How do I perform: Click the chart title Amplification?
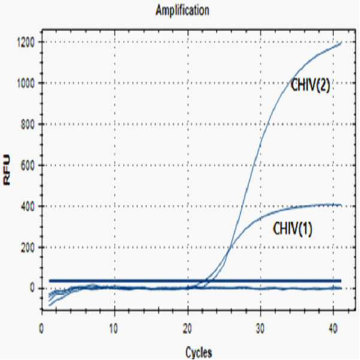(183, 11)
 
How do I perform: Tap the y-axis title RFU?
(7, 170)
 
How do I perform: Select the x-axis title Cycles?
(199, 352)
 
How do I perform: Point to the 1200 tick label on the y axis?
(26, 43)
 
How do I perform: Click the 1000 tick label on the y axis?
(26, 83)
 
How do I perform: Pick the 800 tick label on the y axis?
(28, 124)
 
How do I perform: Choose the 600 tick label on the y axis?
(28, 165)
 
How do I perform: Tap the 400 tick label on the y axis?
(28, 206)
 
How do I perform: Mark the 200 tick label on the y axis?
(28, 247)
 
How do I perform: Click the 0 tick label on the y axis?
(32, 288)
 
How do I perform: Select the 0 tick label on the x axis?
(41, 329)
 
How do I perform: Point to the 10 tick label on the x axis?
(113, 329)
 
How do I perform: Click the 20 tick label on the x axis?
(187, 329)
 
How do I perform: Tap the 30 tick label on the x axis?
(260, 329)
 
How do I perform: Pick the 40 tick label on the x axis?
(333, 329)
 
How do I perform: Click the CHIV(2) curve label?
(310, 85)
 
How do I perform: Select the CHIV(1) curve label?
(292, 228)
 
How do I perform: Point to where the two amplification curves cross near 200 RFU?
(230, 247)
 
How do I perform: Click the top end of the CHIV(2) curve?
(341, 43)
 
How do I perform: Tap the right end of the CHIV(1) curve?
(341, 205)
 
